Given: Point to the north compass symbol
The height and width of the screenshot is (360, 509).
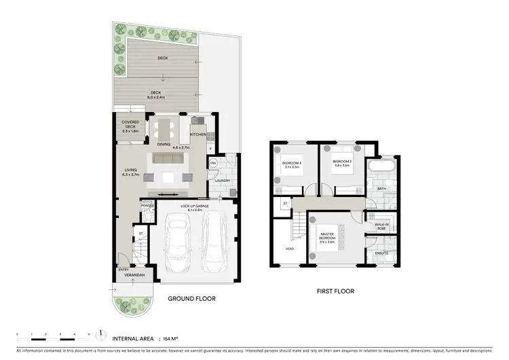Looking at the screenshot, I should tap(100, 334).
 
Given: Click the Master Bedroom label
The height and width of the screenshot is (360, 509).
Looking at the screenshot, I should tap(328, 238).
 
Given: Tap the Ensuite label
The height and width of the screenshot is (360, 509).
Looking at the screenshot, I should tap(376, 253).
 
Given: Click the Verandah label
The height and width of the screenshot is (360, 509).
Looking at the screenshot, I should tap(131, 276).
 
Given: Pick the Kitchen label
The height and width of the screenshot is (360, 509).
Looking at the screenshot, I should tap(197, 134).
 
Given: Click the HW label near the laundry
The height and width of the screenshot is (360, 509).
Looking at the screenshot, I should tap(213, 163).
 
